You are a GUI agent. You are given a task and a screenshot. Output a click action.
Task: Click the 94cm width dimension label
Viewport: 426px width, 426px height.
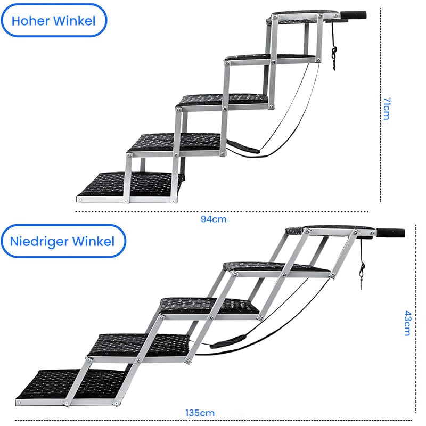214,219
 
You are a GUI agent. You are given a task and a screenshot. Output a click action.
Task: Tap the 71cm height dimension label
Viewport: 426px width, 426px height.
387,109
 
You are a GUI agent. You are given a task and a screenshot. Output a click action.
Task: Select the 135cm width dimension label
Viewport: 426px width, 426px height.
200,413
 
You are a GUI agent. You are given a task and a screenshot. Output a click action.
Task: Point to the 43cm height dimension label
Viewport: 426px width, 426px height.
407,323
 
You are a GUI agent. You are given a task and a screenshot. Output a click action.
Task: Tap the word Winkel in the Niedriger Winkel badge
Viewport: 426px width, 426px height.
94,241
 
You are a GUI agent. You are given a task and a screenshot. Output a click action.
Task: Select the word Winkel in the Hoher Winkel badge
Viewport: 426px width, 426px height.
74,21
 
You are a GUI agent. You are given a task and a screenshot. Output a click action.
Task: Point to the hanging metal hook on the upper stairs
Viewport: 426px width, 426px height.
334,59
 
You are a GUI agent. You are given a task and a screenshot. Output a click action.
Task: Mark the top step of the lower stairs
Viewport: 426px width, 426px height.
330,231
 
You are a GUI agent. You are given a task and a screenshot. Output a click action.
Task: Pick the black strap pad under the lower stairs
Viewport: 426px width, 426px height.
228,342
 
